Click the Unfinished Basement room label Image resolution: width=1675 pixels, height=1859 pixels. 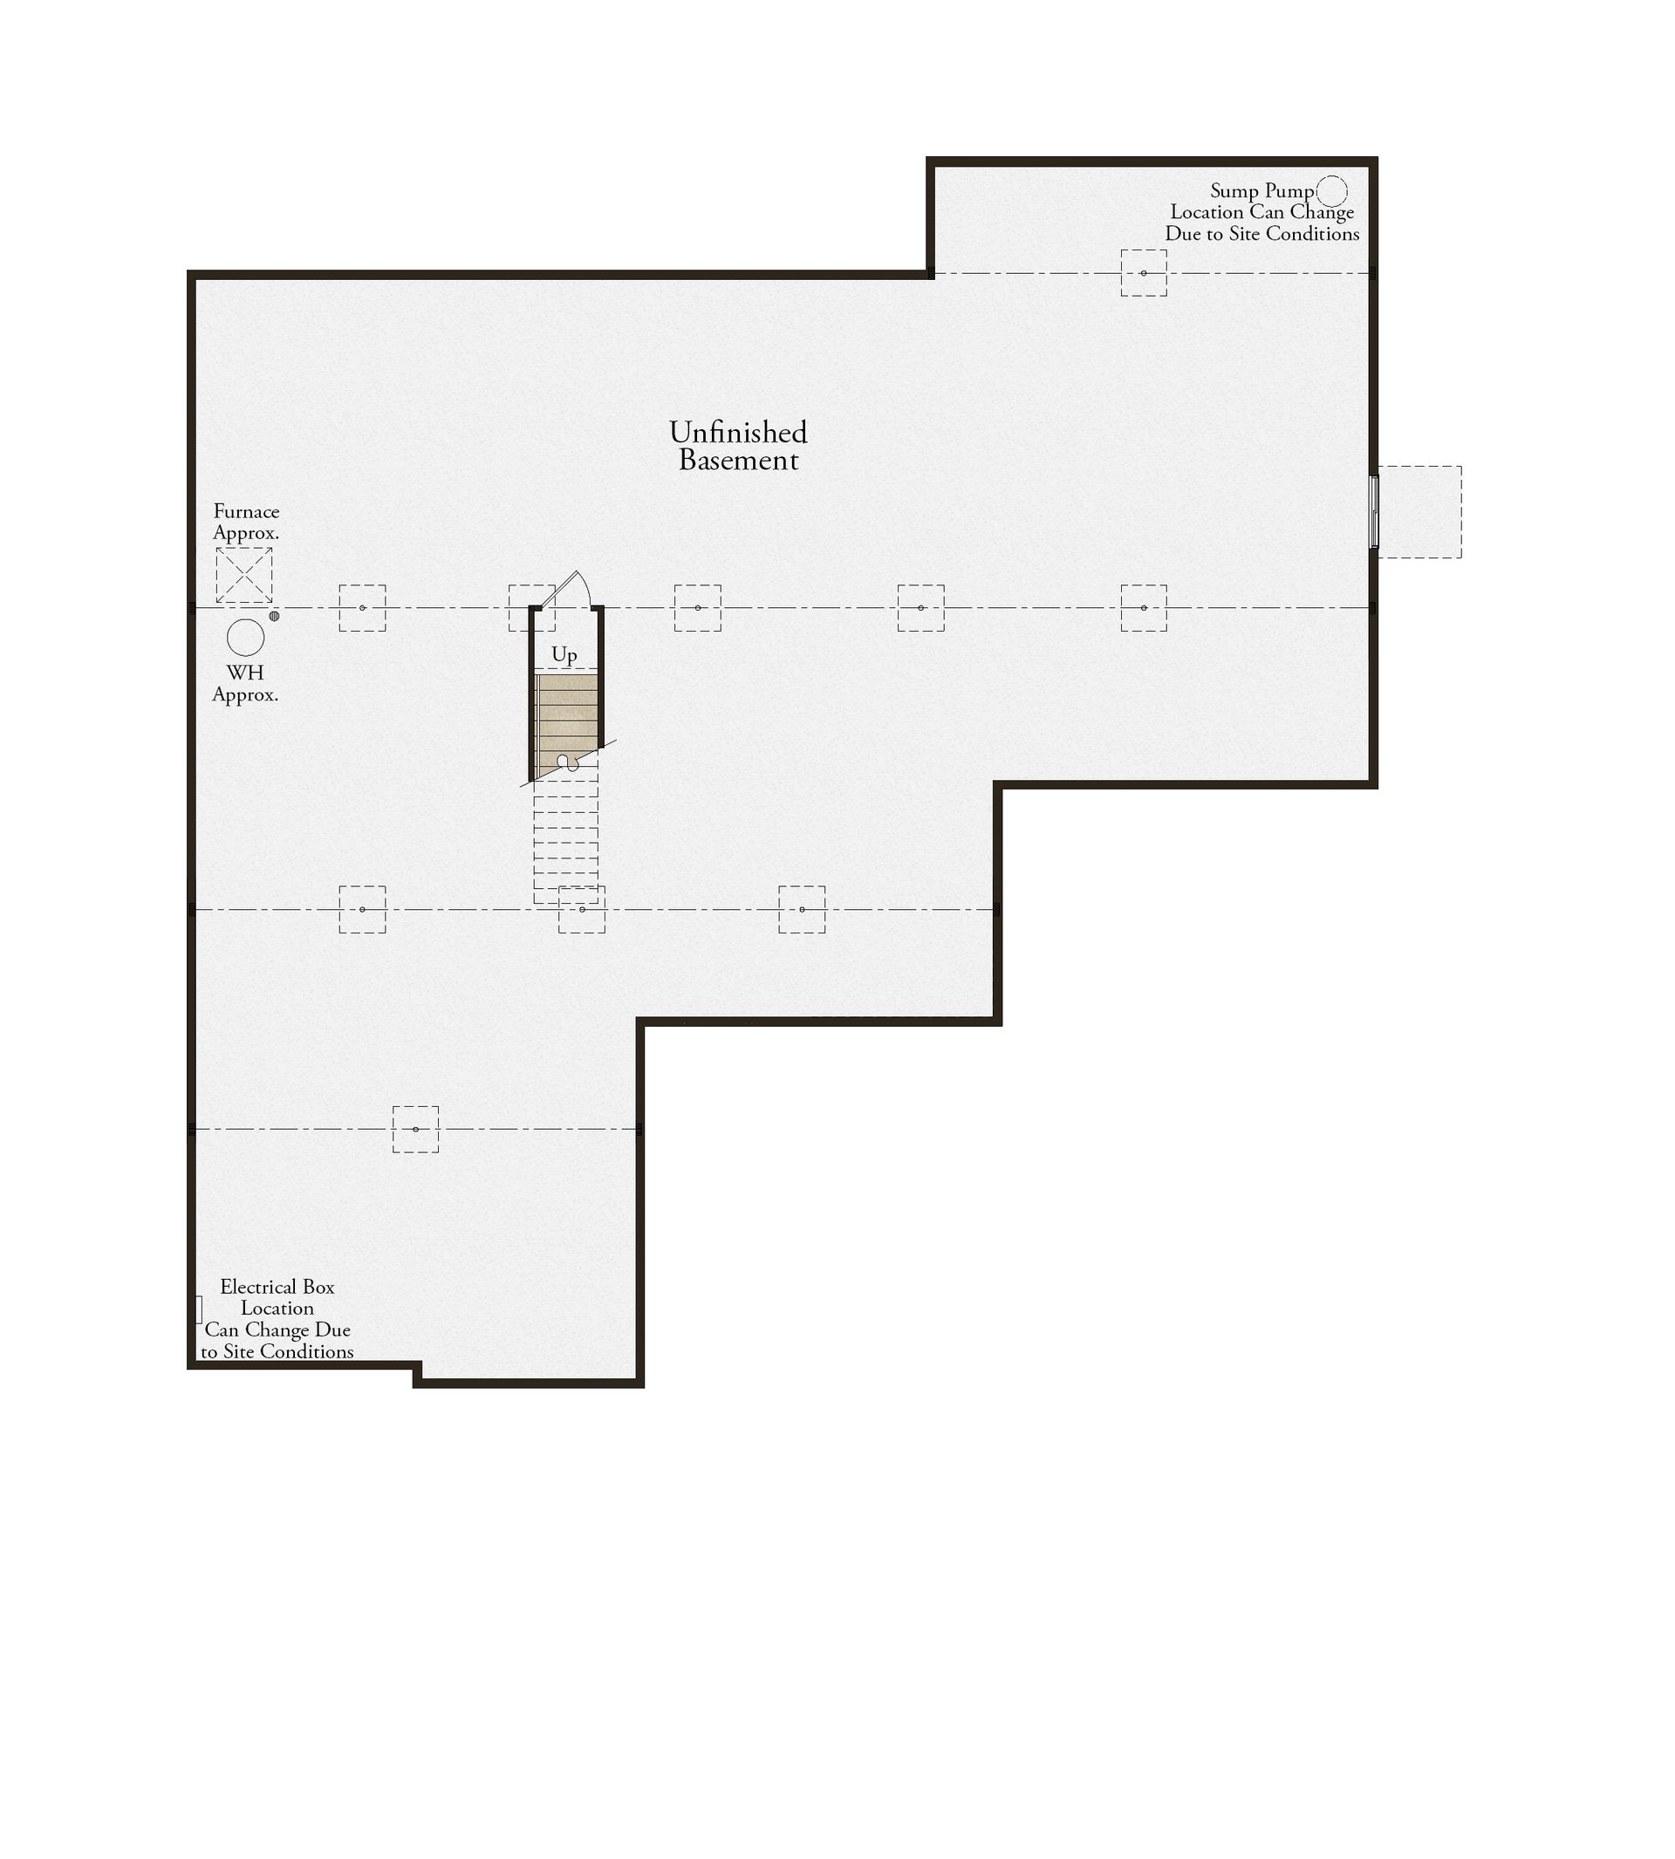[738, 446]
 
